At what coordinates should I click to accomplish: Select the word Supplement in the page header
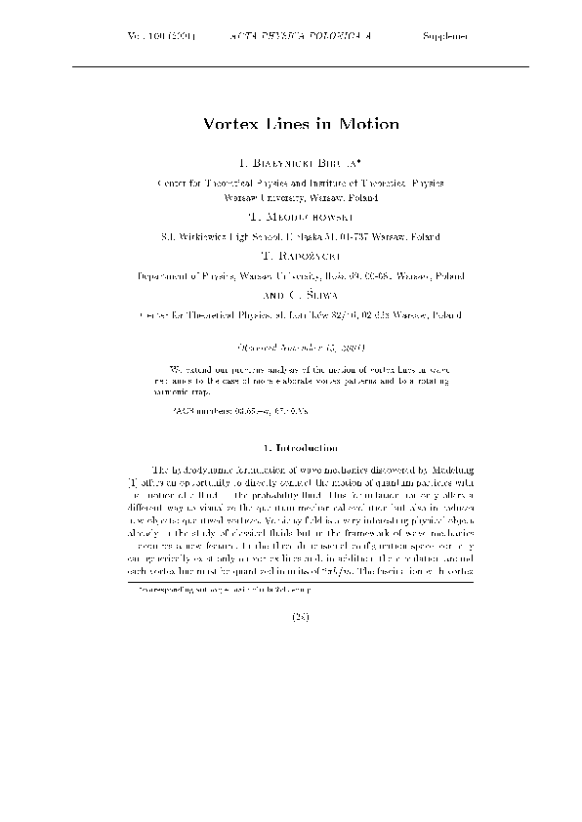pyautogui.click(x=445, y=36)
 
